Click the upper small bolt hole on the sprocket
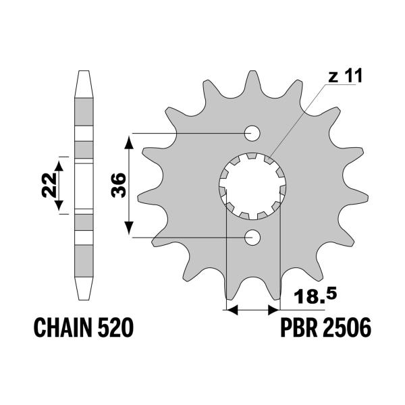point(254,132)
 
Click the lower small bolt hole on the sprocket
point(254,237)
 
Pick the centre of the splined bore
point(254,185)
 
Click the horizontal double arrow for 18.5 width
point(253,310)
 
